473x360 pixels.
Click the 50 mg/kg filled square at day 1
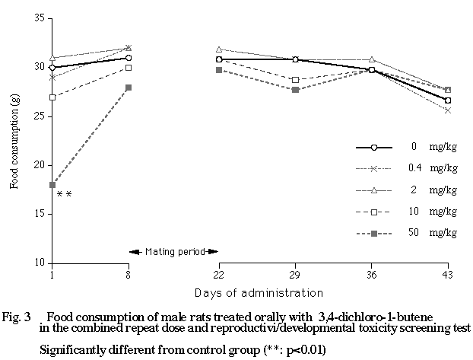[52, 185]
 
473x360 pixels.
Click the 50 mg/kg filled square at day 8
[129, 88]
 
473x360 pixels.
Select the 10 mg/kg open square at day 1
[52, 97]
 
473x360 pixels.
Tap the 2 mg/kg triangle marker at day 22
[219, 49]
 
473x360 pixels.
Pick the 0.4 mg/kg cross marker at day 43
[448, 110]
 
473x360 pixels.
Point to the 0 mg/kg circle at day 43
[448, 100]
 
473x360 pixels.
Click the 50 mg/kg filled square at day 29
[295, 90]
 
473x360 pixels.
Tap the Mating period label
[173, 251]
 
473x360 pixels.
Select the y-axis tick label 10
[39, 263]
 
